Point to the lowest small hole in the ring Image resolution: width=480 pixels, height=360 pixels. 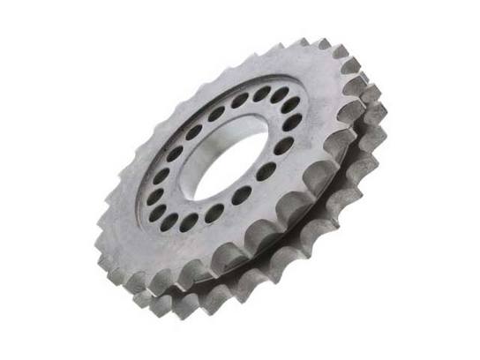(x=189, y=225)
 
